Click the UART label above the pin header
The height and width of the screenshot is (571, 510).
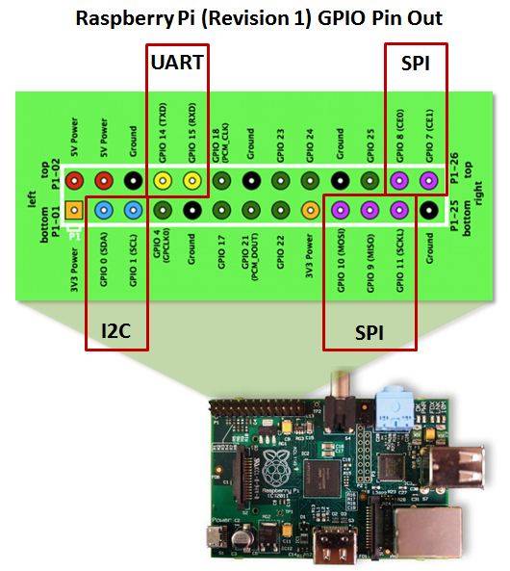coord(178,64)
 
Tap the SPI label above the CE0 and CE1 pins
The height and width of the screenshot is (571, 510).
coord(416,64)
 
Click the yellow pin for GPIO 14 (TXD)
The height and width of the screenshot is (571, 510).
coord(163,179)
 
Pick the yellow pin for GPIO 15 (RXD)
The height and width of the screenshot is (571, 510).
coord(192,179)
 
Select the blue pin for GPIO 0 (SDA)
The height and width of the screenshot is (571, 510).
coord(103,209)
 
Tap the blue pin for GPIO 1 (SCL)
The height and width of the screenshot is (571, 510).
coord(133,209)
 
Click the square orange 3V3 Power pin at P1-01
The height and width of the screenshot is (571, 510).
coord(73,209)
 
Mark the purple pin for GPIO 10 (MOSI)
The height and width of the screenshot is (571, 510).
coord(340,209)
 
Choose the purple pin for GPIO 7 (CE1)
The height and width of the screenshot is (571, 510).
coord(428,179)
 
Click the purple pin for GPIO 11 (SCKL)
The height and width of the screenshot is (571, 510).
coord(398,209)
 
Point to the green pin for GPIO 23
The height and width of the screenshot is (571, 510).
coord(281,179)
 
